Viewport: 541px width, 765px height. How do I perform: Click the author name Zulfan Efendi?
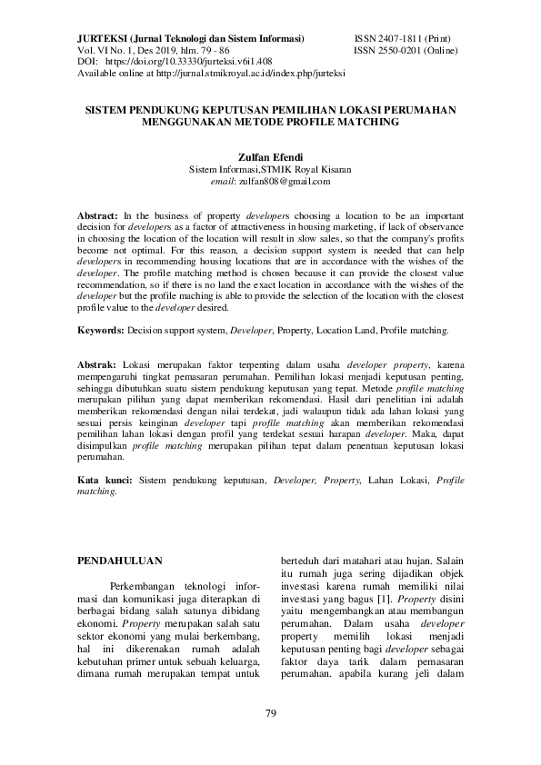(x=270, y=155)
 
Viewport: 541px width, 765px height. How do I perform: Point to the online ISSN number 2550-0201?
(x=401, y=51)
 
